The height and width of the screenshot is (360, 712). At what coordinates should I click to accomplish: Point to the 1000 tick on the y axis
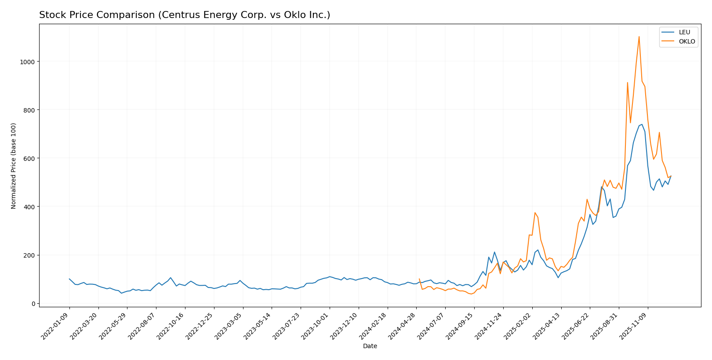click(28, 62)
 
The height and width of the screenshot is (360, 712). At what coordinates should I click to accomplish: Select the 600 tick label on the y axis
click(30, 158)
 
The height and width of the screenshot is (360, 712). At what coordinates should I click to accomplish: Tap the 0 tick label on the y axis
click(33, 304)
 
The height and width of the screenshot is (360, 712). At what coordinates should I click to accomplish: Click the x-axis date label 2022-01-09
click(55, 326)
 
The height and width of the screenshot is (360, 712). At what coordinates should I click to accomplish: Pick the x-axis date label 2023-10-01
click(316, 326)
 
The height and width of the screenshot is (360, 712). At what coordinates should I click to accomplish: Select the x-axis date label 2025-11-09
click(634, 326)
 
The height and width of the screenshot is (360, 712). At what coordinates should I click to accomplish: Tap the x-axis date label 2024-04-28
click(402, 326)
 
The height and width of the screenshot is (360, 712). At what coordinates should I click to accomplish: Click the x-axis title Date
click(370, 346)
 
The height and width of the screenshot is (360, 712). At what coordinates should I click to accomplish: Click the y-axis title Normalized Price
click(14, 166)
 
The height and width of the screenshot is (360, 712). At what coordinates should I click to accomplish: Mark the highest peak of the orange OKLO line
click(639, 36)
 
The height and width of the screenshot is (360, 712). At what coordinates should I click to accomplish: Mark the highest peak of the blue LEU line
click(642, 124)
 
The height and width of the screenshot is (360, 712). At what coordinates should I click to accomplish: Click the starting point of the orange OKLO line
click(419, 279)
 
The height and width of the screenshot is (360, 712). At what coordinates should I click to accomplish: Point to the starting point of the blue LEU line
click(69, 279)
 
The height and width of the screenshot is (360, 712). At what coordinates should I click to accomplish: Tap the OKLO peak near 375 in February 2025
click(535, 213)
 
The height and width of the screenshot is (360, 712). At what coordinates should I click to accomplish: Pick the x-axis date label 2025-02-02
click(518, 326)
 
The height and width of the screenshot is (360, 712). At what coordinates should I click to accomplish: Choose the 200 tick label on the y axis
click(30, 255)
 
